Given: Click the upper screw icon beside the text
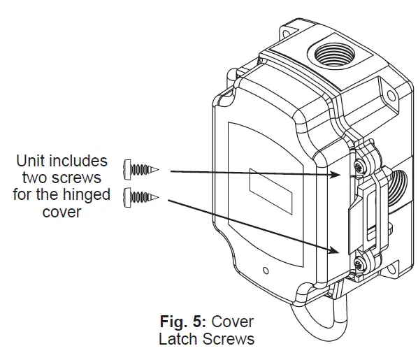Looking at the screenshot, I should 140,168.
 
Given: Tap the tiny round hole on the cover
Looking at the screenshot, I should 264,269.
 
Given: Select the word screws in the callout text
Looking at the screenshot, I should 80,178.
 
